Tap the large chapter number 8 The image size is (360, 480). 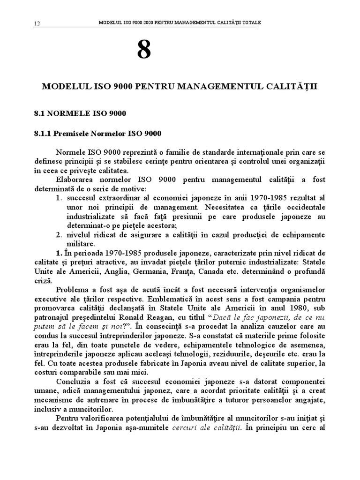coord(144,50)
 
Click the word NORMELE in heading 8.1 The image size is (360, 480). coord(68,113)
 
